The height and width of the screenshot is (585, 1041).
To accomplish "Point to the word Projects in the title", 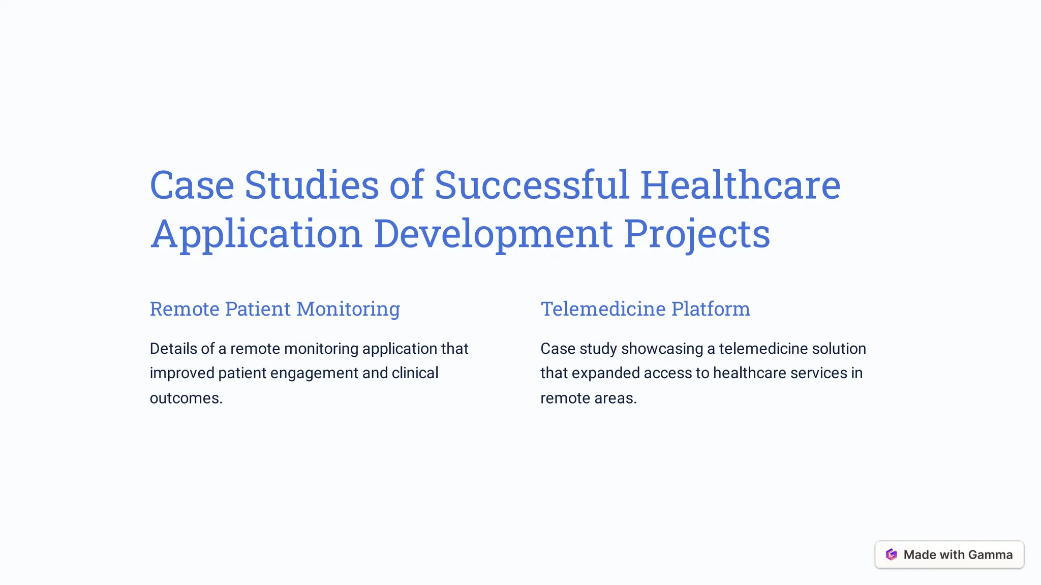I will point(697,234).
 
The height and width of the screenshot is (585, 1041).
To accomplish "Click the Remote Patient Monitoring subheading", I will point(275,309).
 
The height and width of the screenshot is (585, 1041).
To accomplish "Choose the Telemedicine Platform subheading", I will point(645,309).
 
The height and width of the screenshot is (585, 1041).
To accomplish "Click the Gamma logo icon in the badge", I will point(891,555).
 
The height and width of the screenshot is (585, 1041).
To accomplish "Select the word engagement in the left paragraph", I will point(315,373).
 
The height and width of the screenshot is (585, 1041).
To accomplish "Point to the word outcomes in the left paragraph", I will point(186,398).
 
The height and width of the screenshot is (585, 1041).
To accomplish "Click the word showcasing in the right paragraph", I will point(661,349).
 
